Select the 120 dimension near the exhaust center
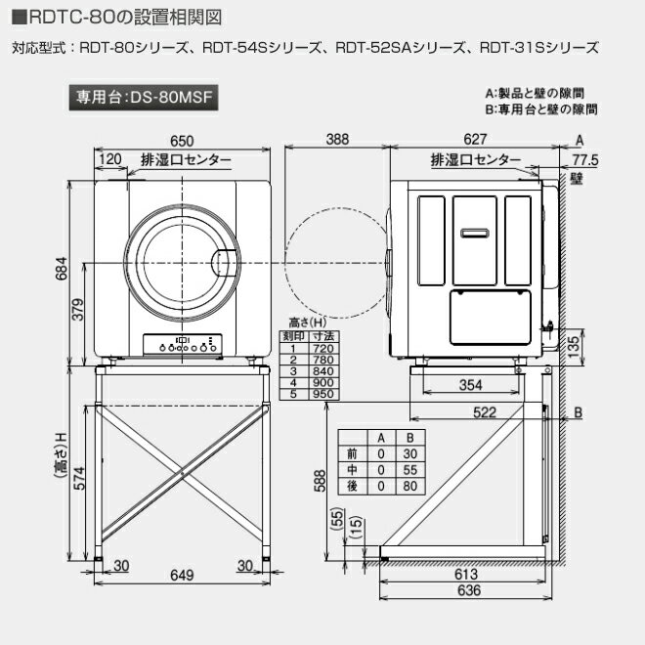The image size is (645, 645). click(110, 158)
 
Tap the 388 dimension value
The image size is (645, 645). click(337, 140)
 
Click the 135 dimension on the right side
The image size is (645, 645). click(577, 343)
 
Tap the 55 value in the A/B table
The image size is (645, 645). click(410, 470)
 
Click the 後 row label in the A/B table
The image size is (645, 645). click(353, 486)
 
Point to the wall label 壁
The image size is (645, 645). click(578, 179)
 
